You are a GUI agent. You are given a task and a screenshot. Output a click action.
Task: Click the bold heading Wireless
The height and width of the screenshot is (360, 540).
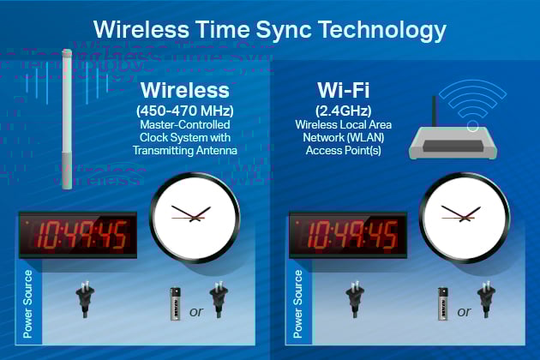coord(184,90)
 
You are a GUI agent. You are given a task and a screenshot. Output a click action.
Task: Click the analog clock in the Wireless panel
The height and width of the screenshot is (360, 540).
coord(195,214)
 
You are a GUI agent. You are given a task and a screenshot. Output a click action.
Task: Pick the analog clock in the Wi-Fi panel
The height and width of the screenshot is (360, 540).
coord(465,214)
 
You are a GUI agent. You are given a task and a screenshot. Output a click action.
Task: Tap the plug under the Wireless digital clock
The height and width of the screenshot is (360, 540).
coord(86,300)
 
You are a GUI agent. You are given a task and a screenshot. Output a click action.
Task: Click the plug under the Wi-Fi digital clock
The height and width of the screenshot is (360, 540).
coord(355,300)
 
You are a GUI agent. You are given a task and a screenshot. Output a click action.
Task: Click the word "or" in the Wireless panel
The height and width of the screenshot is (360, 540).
coord(196,312)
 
